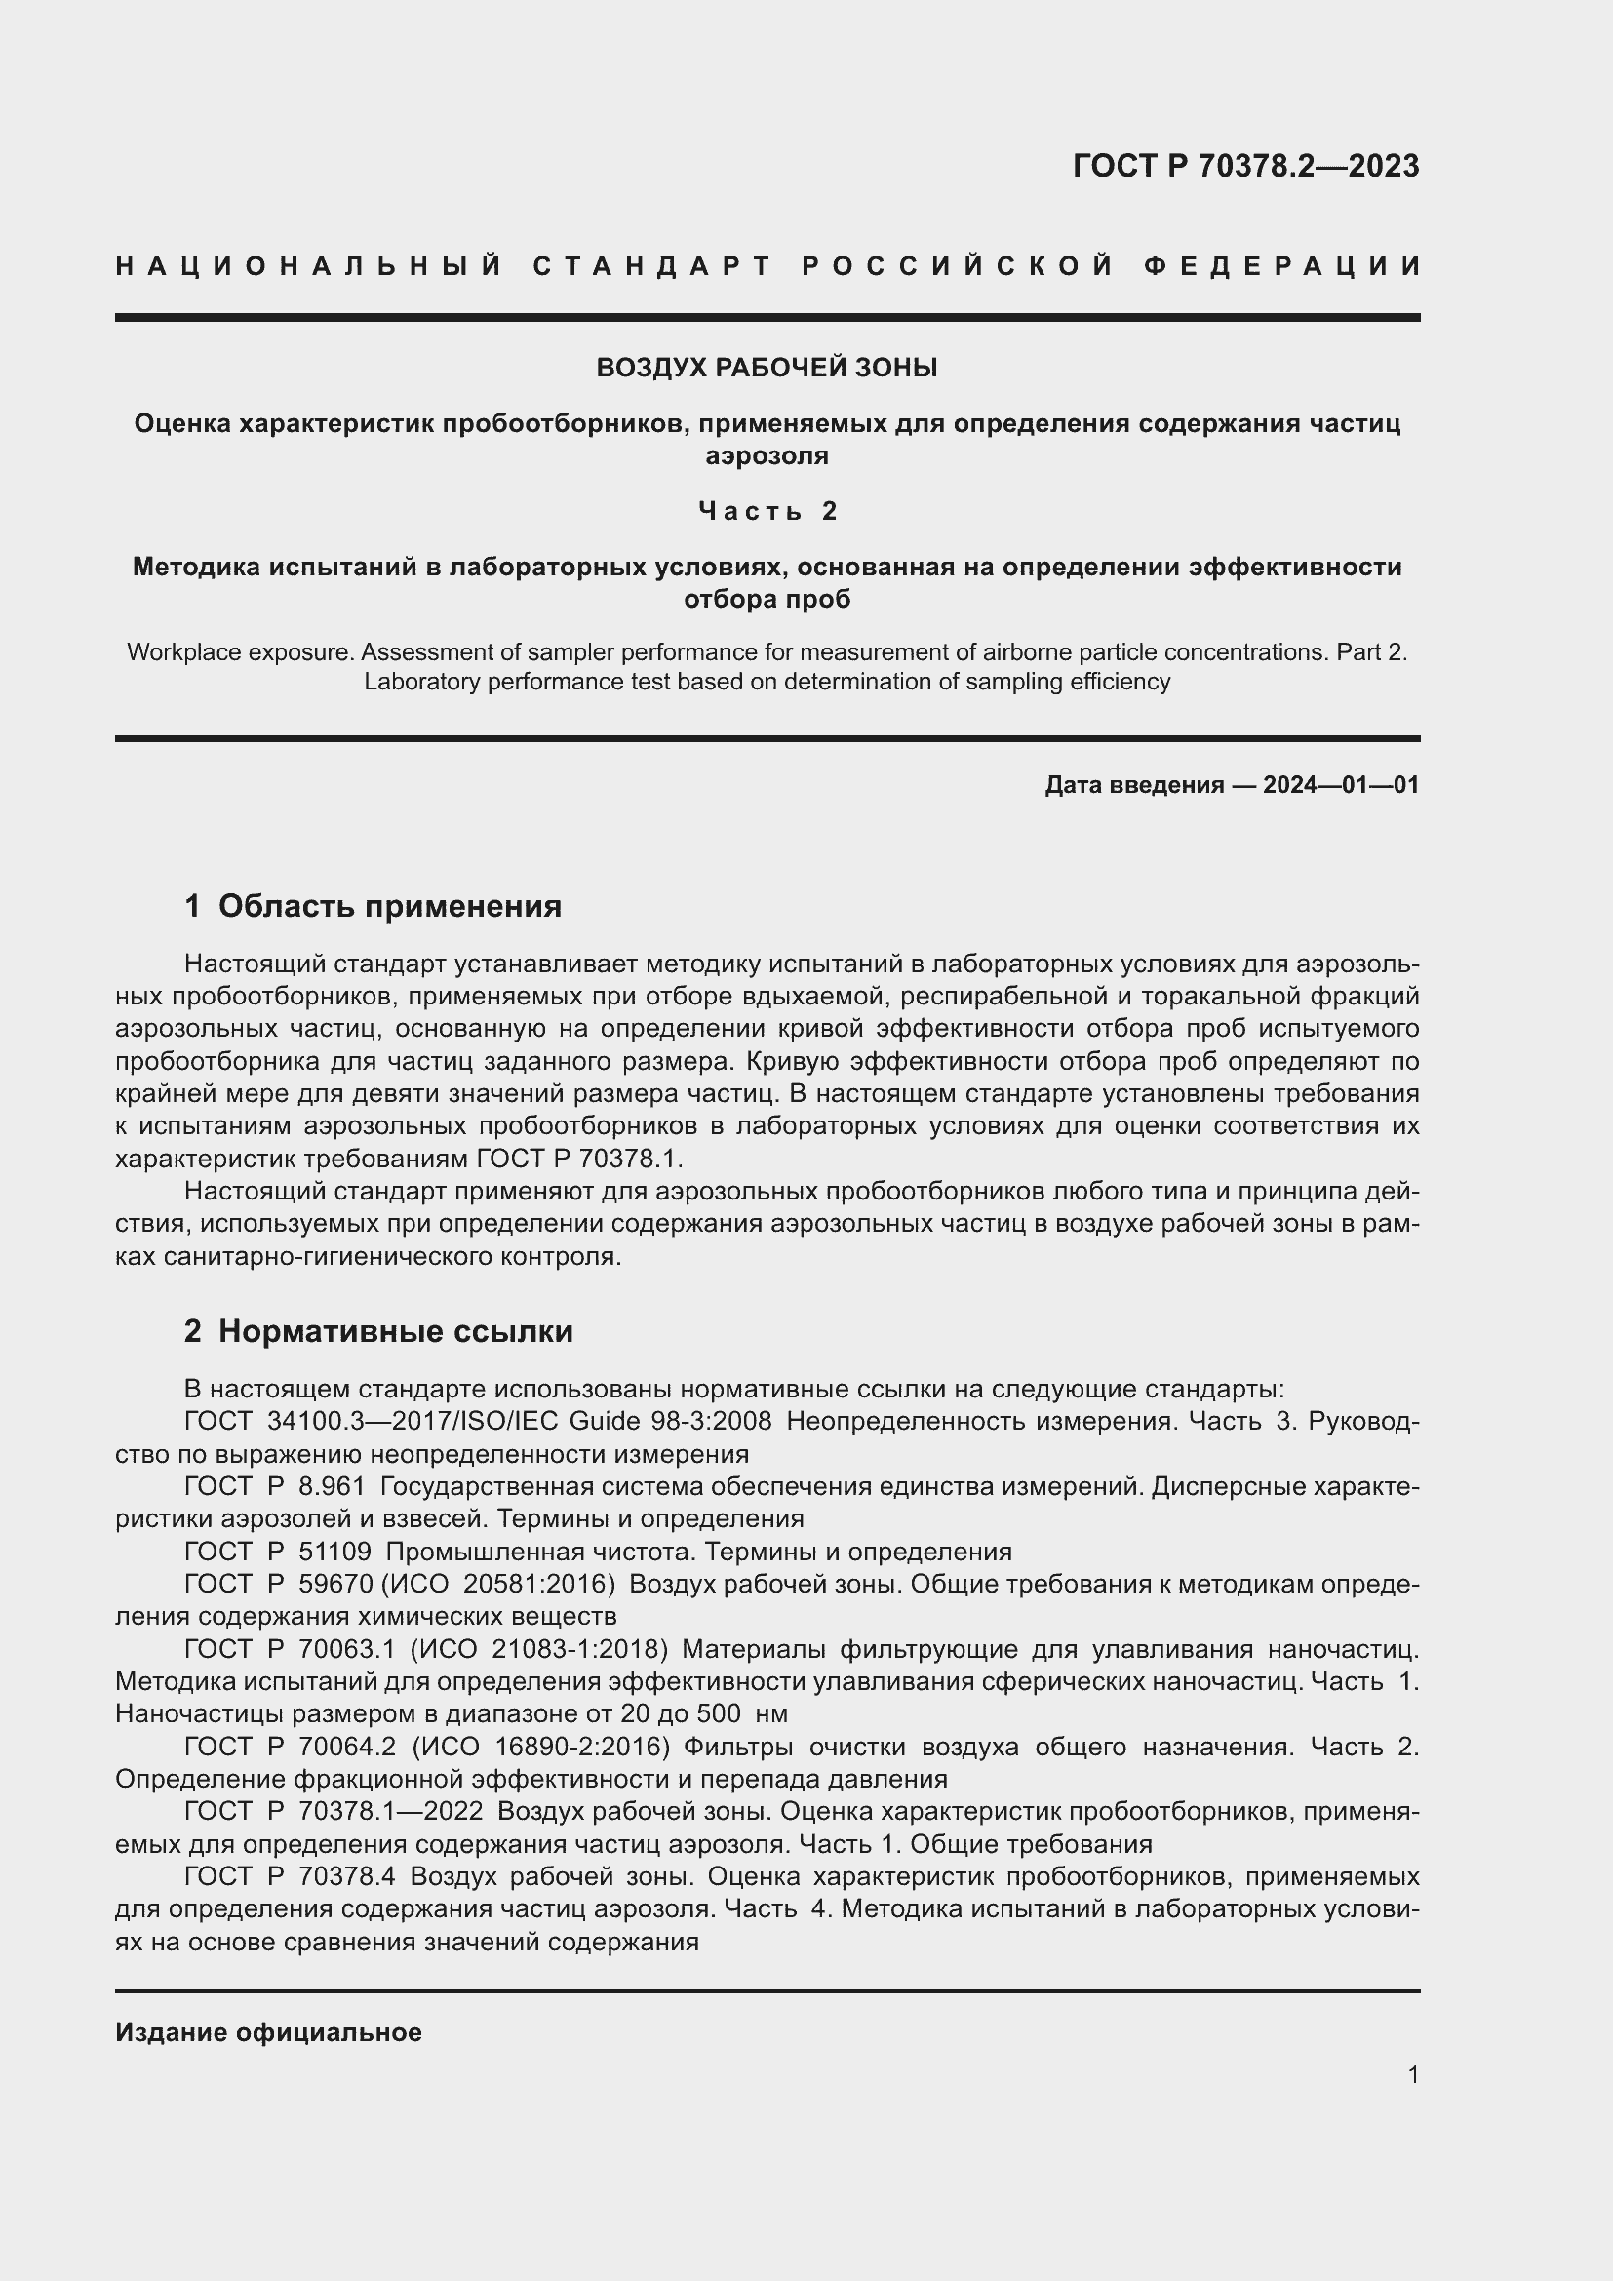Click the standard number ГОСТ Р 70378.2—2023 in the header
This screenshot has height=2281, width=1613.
click(1245, 166)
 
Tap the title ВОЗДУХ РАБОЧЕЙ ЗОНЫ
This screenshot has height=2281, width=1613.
click(767, 368)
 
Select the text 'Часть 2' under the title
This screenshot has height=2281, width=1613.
click(767, 511)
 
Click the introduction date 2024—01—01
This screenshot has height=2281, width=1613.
click(1340, 785)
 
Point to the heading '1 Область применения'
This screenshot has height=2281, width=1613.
click(373, 906)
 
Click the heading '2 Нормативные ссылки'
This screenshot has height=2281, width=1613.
click(378, 1331)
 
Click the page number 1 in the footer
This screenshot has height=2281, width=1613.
click(1412, 2074)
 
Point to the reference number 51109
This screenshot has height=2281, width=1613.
click(334, 1552)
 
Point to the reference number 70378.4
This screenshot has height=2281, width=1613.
click(346, 1876)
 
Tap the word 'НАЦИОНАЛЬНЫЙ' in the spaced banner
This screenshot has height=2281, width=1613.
click(309, 266)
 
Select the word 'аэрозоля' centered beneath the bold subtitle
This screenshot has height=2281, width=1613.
click(767, 456)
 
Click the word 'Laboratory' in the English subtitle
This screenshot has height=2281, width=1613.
click(414, 682)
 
